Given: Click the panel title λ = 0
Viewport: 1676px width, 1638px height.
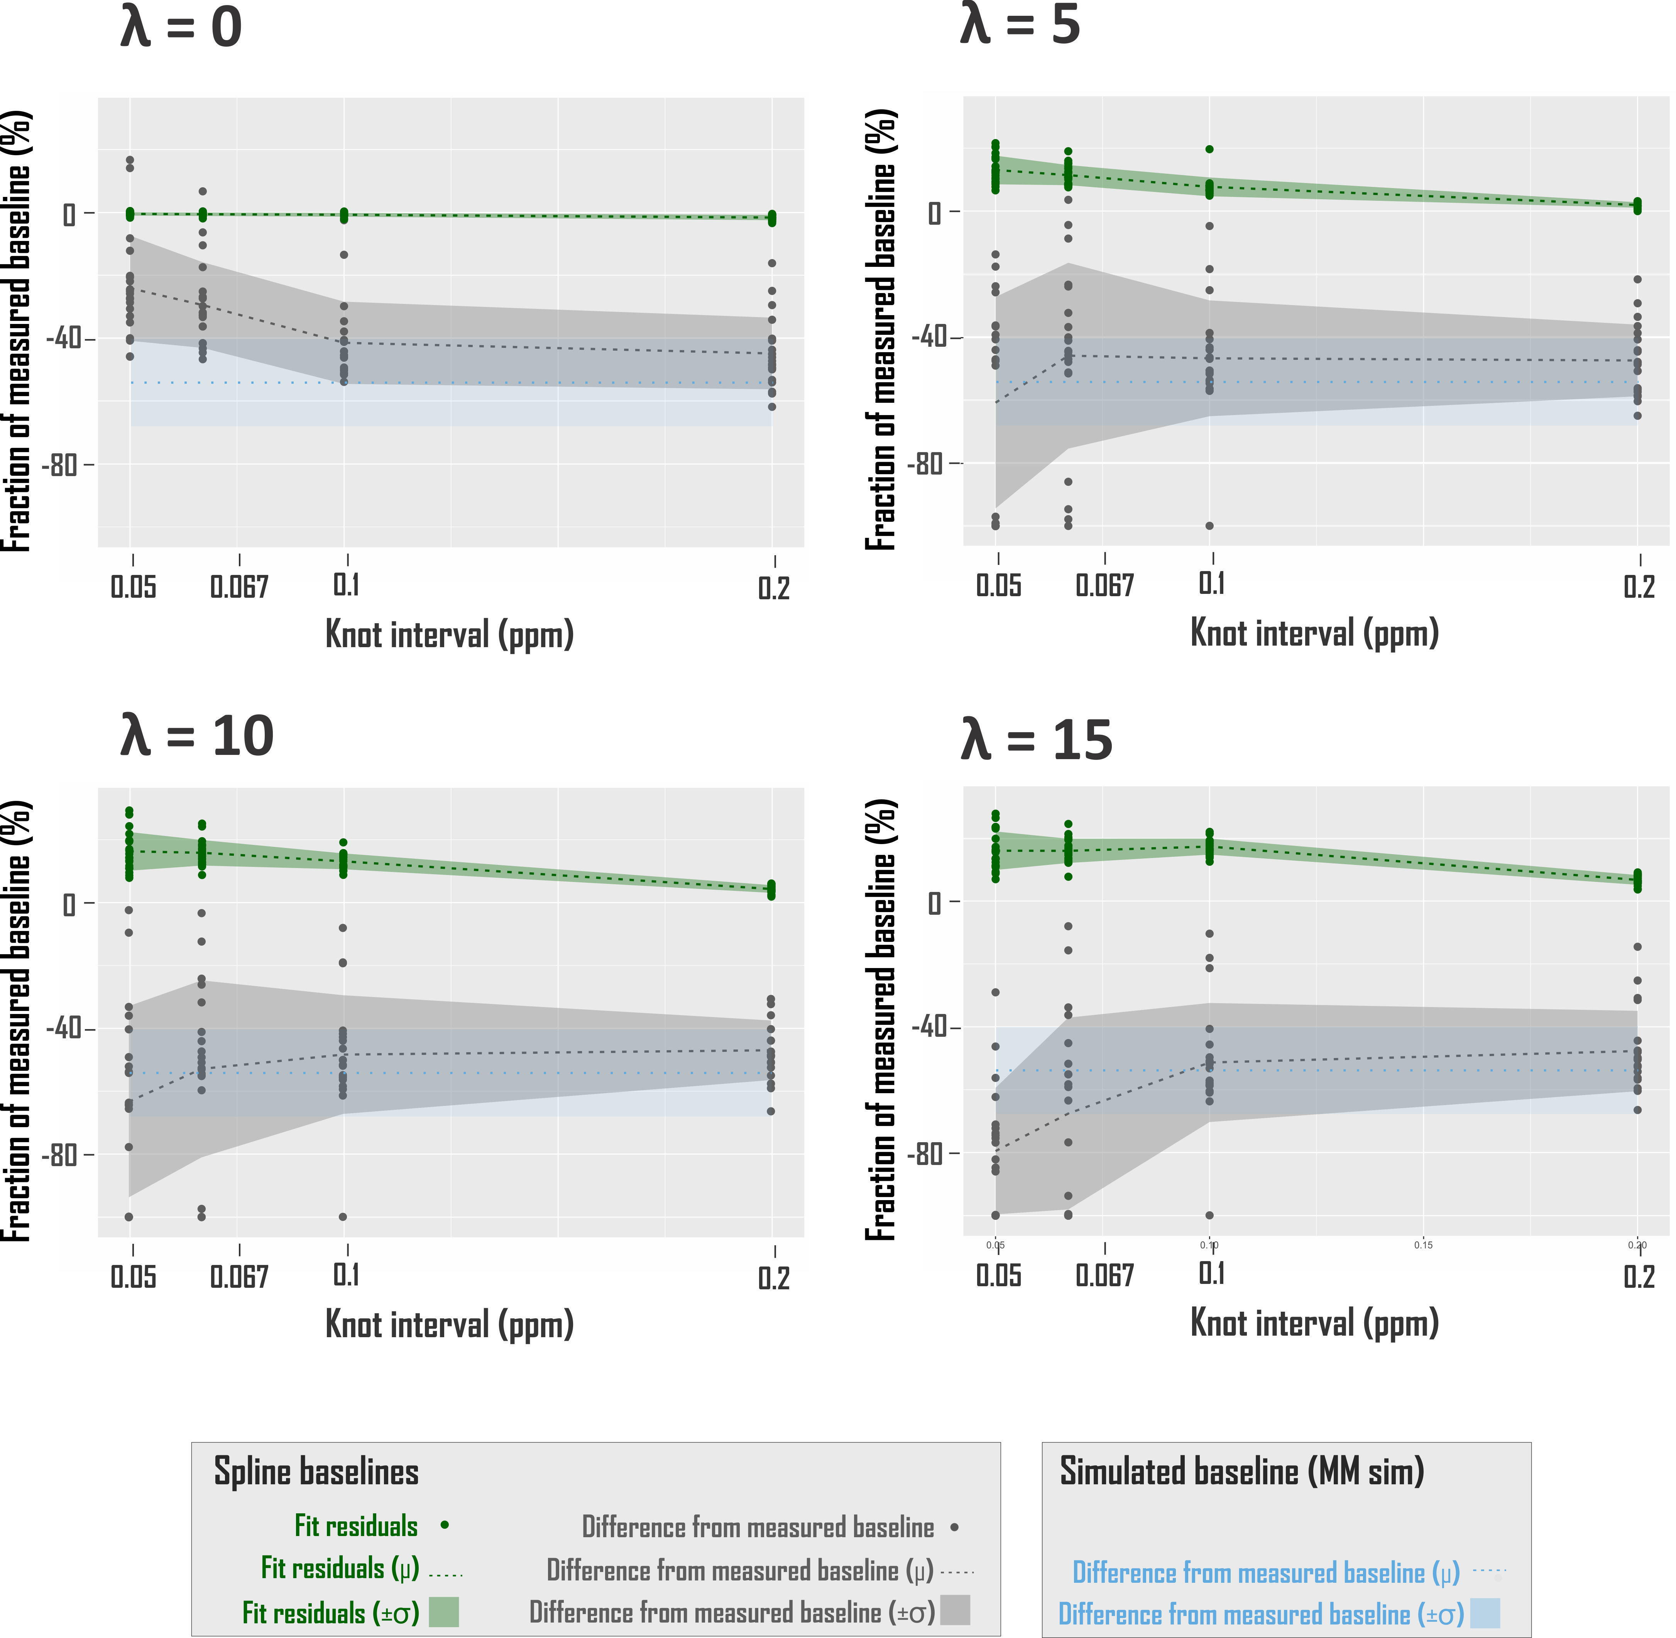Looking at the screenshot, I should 181,27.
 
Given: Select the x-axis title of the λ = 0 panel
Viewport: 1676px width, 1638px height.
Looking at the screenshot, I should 449,635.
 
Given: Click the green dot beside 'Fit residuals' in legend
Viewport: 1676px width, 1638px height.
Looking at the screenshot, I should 445,1525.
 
